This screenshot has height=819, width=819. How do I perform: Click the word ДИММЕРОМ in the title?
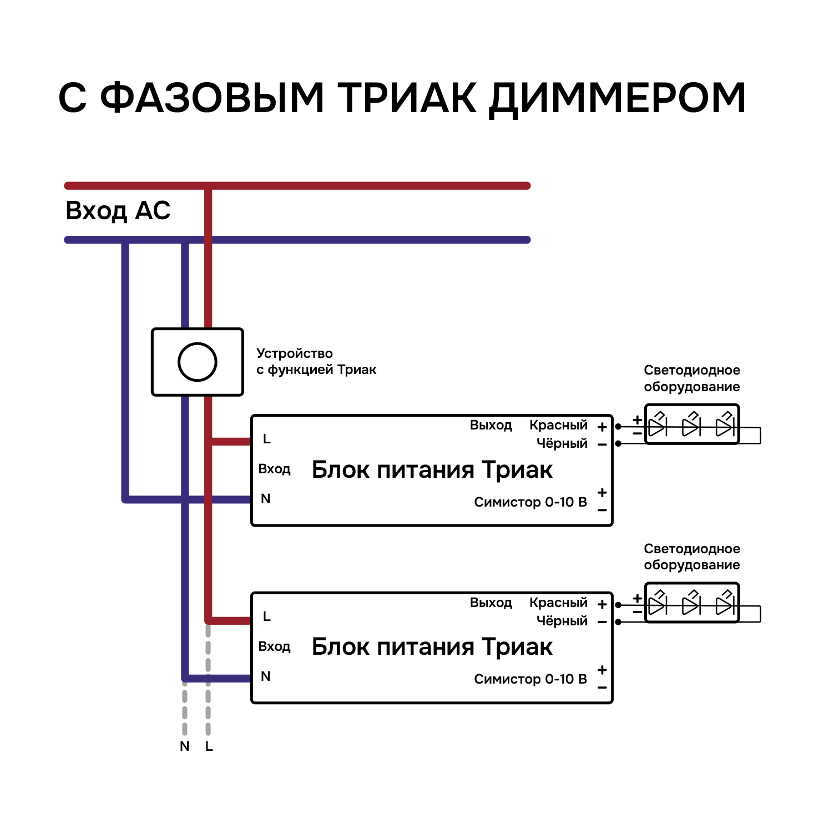pyautogui.click(x=618, y=98)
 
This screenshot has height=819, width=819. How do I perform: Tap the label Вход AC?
pyautogui.click(x=118, y=211)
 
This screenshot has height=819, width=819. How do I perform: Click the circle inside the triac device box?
pyautogui.click(x=197, y=362)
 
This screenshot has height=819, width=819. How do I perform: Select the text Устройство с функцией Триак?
pyautogui.click(x=316, y=361)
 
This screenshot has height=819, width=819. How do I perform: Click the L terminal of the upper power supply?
pyautogui.click(x=267, y=439)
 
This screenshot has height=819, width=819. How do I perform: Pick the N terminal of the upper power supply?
pyautogui.click(x=266, y=499)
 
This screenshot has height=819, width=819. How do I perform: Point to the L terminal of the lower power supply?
pyautogui.click(x=267, y=616)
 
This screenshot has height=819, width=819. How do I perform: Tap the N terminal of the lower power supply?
pyautogui.click(x=266, y=676)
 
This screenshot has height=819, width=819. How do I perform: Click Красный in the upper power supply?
pyautogui.click(x=558, y=425)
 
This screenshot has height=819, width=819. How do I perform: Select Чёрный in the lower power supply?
pyautogui.click(x=562, y=621)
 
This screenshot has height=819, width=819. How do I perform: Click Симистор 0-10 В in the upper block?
pyautogui.click(x=530, y=502)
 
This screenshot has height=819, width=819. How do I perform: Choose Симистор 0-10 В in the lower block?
pyautogui.click(x=530, y=679)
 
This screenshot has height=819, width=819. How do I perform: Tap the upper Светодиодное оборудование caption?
pyautogui.click(x=691, y=378)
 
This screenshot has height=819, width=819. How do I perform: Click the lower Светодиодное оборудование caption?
pyautogui.click(x=691, y=557)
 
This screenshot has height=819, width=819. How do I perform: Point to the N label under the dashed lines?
pyautogui.click(x=185, y=747)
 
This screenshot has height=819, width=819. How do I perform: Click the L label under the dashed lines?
pyautogui.click(x=209, y=747)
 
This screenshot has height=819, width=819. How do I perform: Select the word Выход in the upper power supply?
pyautogui.click(x=491, y=425)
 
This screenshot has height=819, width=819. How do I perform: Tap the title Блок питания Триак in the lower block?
pyautogui.click(x=432, y=647)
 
